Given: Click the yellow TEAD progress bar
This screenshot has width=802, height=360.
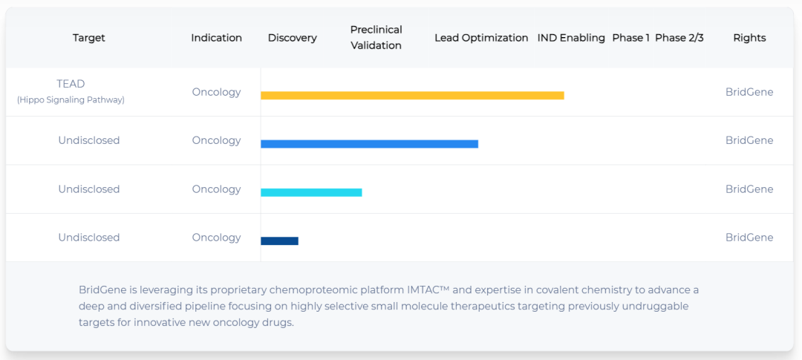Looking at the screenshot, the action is pos(412,95).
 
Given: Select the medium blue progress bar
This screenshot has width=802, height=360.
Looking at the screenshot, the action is pos(369,144).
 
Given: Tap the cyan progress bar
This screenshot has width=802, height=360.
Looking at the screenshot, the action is pos(311,192).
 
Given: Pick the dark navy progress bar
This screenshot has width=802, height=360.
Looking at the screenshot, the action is pos(279,240).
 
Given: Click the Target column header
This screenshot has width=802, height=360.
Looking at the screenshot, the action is pos(89,38).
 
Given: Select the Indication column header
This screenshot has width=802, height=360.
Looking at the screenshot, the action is pos(216,38).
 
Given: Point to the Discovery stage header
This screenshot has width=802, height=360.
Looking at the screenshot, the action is pos(293,38).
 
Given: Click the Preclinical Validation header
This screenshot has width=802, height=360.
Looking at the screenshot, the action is pos(376,37).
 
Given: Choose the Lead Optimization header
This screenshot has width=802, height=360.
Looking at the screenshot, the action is pos(481,38).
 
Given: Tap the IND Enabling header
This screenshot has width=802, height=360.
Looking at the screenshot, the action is pos(571,38).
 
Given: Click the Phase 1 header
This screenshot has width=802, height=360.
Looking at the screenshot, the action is pos(631,38).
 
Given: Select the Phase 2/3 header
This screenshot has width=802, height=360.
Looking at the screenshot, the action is pos(679,38).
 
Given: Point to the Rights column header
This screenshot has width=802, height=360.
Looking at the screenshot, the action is pos(749,38).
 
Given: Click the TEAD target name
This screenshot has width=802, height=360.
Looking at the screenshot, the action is pos(71,84).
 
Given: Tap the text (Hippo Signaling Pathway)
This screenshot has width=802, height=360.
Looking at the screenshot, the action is pos(71,100).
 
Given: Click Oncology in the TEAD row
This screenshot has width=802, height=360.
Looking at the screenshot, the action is pos(216,92).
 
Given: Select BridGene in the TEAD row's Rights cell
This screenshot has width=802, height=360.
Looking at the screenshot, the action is pos(749,92).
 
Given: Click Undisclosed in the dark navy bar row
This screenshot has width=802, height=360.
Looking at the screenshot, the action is pos(89,238).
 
